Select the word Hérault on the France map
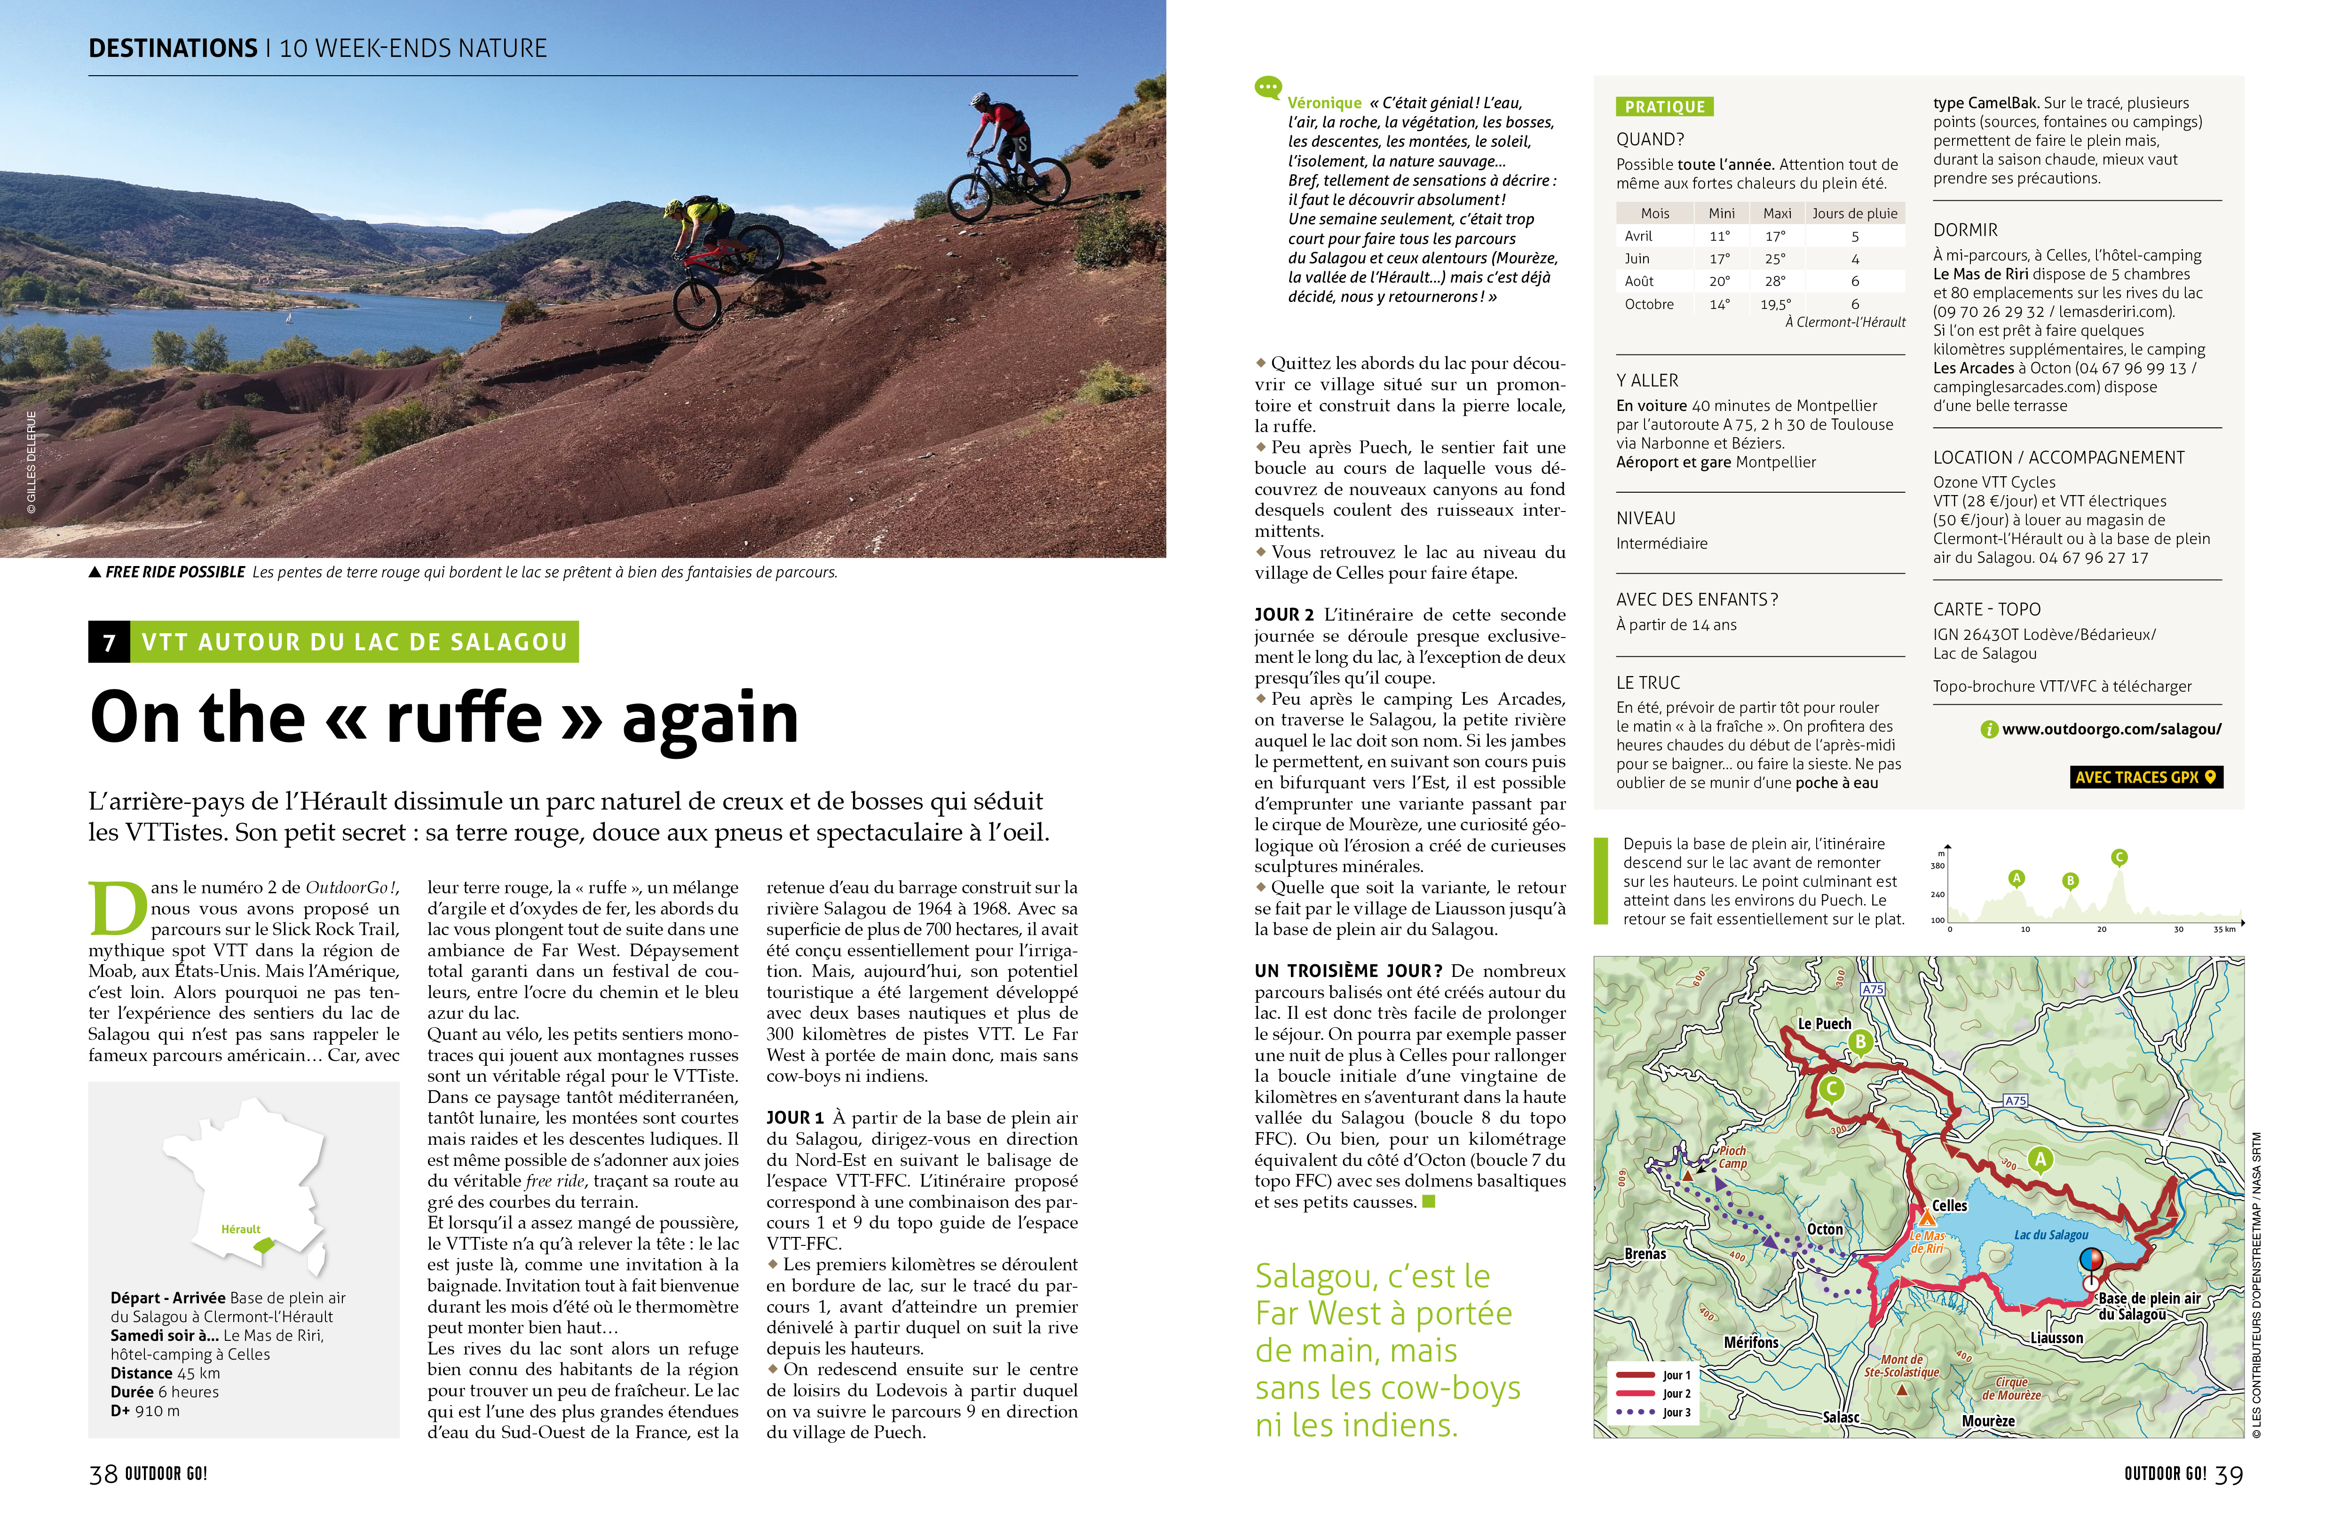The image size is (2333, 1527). [240, 1229]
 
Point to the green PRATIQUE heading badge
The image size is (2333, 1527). [1664, 107]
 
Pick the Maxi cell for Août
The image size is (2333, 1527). [1775, 281]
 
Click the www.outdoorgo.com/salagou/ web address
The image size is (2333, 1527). [2111, 729]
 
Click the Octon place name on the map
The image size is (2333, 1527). [1824, 1229]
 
